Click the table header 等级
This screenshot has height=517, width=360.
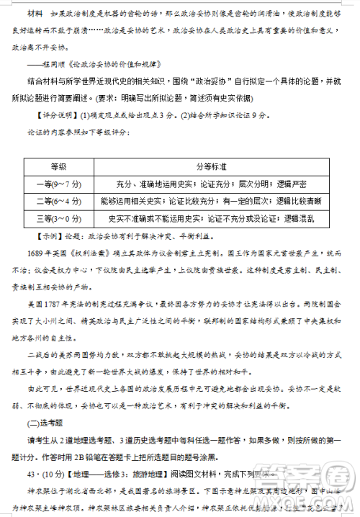[x=58, y=166]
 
